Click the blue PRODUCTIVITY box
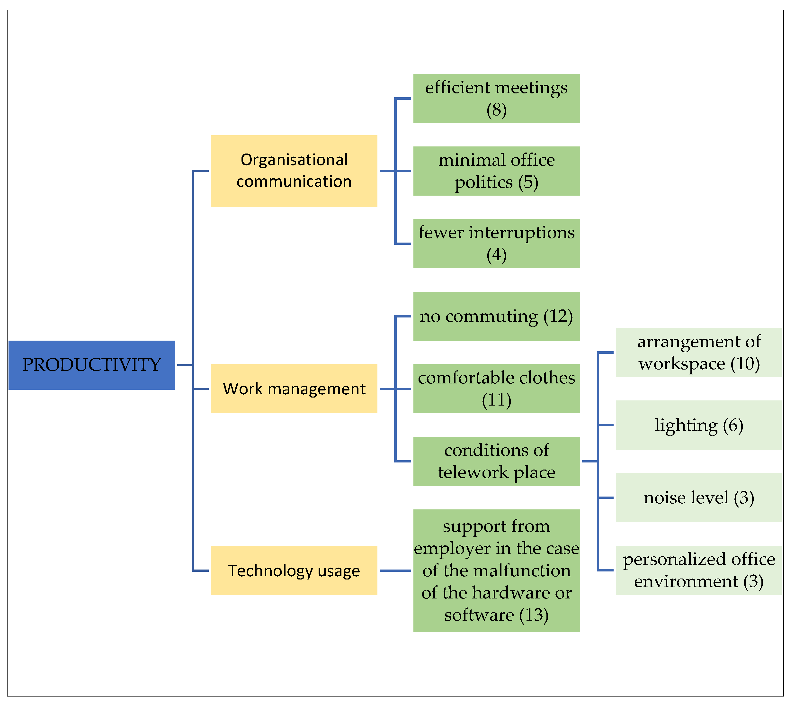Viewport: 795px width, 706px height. pos(91,365)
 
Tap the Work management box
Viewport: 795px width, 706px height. pos(294,389)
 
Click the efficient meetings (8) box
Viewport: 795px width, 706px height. pos(496,99)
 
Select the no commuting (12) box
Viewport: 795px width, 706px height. pos(496,316)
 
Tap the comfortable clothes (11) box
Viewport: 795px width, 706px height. pos(496,389)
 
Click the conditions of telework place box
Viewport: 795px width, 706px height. pos(496,461)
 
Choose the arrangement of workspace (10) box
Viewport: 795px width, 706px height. pos(699,353)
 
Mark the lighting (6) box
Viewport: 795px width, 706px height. pos(699,425)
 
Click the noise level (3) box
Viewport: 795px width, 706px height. pos(699,498)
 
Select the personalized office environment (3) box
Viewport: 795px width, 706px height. pos(699,570)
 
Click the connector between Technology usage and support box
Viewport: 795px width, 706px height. pos(395,571)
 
